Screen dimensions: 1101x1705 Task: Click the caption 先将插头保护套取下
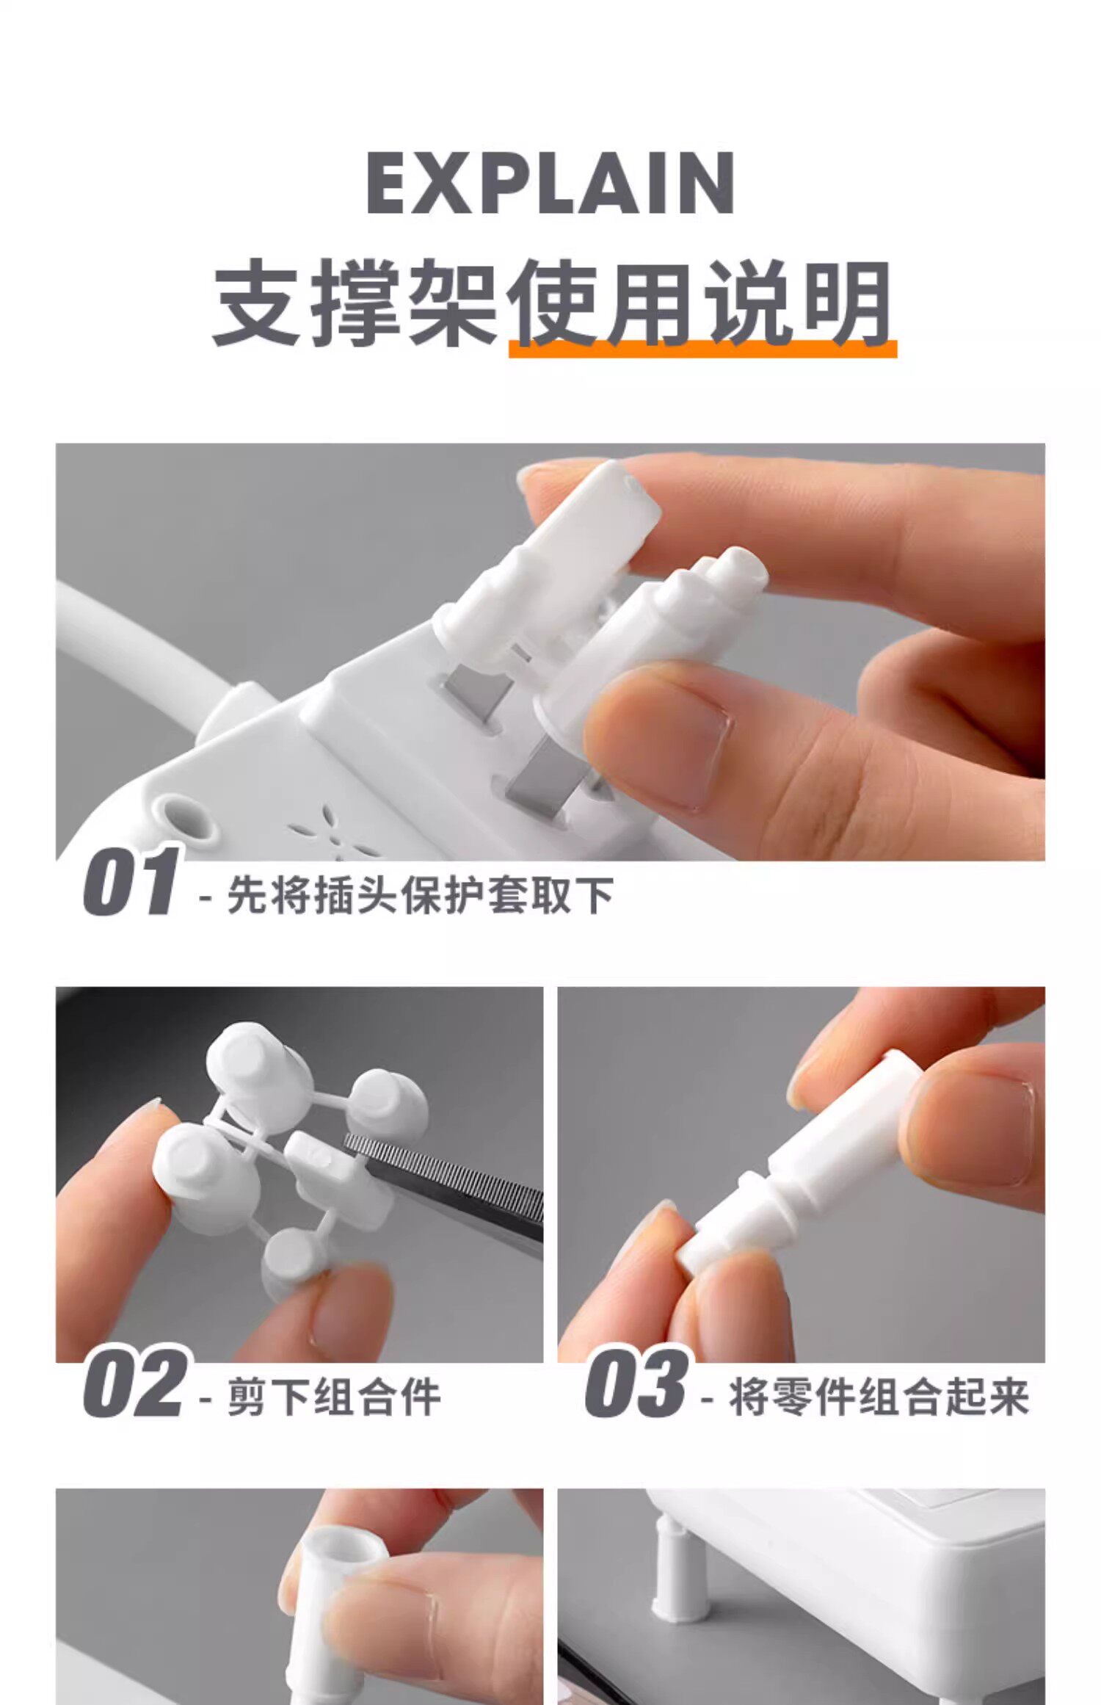pos(420,895)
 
